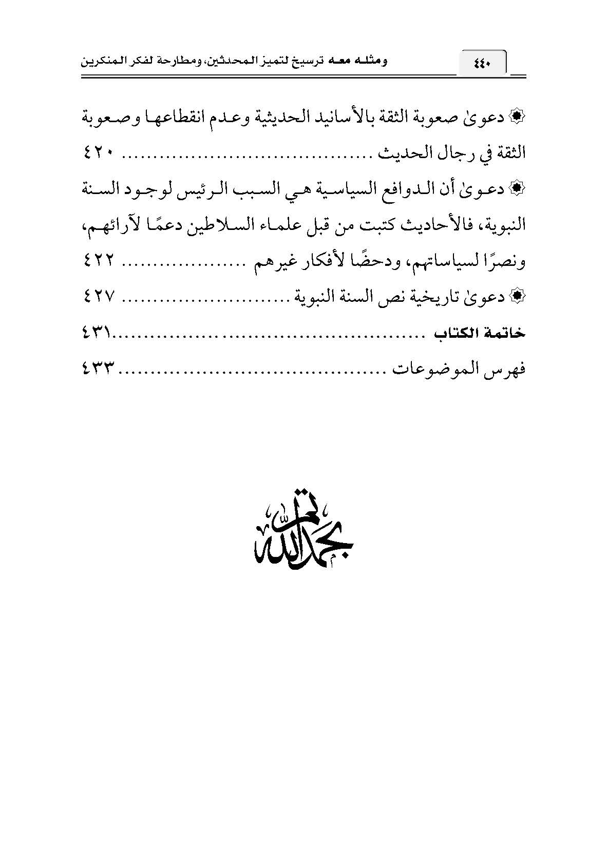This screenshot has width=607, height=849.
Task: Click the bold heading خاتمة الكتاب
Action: (x=480, y=334)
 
